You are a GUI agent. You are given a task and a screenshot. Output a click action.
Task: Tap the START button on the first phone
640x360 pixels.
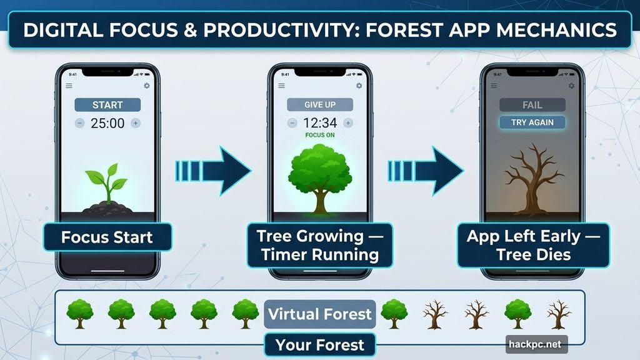pos(107,104)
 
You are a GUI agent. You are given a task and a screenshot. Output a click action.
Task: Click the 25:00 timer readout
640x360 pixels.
pos(107,123)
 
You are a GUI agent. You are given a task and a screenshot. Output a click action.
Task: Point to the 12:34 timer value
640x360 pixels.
pos(320,123)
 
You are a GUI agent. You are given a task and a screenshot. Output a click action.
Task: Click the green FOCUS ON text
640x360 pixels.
pos(320,135)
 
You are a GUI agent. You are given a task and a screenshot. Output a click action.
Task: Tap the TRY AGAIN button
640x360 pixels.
pos(532,122)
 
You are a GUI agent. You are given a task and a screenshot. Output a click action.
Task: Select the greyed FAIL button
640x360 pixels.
pos(532,104)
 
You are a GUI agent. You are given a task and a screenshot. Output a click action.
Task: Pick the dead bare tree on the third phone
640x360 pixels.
pos(532,181)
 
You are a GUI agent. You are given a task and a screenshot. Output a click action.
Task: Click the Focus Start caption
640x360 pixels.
pos(107,237)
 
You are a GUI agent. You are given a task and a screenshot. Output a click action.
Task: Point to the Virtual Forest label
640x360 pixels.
pos(320,314)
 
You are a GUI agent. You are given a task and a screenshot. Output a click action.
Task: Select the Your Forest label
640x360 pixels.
pos(320,344)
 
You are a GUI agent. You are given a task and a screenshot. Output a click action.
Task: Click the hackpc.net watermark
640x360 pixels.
pos(536,344)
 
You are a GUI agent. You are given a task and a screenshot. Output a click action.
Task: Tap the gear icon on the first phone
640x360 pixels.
pos(147,86)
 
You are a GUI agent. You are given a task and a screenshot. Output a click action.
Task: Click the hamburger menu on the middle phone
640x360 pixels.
pos(281,86)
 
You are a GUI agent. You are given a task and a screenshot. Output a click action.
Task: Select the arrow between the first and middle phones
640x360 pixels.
pos(213,170)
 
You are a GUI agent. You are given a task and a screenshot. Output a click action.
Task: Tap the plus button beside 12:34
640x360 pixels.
pos(348,123)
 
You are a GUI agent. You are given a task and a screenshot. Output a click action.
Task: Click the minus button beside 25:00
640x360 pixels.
pos(80,123)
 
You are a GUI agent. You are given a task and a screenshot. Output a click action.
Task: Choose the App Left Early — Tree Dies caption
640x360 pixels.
pos(532,245)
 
